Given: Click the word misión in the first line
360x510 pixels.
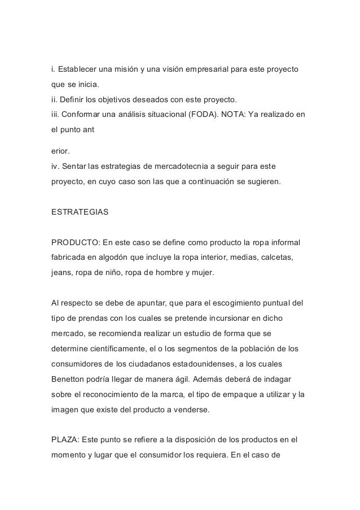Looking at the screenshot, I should pyautogui.click(x=116, y=70).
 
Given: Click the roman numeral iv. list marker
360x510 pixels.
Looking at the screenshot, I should pyautogui.click(x=55, y=167).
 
